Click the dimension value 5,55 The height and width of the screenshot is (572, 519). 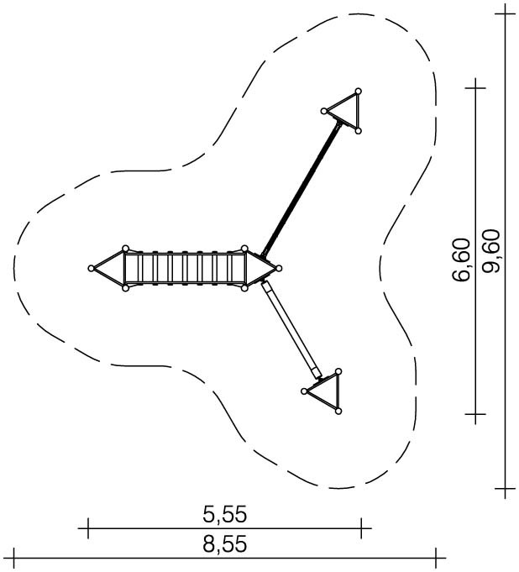[225, 515]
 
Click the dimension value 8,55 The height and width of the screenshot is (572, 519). [225, 544]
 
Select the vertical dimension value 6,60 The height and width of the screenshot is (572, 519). [460, 260]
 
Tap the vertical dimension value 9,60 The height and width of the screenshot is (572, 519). [490, 250]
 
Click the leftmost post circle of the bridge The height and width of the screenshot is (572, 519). [92, 269]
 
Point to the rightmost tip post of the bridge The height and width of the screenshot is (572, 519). [279, 269]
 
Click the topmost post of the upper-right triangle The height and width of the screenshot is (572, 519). [358, 91]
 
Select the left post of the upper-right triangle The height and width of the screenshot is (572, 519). [323, 111]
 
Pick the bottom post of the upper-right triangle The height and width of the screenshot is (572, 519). [358, 130]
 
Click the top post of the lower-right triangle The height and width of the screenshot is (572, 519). [338, 371]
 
